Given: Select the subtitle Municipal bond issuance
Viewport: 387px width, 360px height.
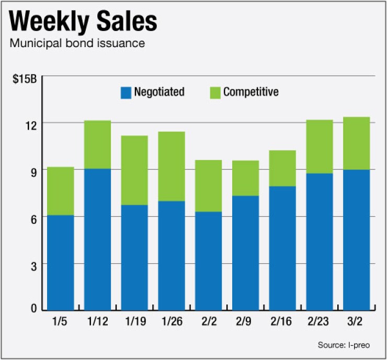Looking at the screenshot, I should [77, 43].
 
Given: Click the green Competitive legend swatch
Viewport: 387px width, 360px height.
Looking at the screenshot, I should [215, 93].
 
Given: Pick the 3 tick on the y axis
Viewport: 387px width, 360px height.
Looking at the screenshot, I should [34, 266].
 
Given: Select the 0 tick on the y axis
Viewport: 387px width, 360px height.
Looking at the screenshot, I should [34, 309].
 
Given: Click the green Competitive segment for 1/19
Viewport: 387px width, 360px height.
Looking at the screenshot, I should [134, 170].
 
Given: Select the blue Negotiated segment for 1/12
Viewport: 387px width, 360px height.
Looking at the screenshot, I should [98, 239].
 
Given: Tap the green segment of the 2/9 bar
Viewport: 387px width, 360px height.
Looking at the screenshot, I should [245, 178].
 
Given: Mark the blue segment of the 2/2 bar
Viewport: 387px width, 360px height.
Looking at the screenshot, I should [208, 260].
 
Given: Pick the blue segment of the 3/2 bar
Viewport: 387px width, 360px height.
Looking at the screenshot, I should [356, 239].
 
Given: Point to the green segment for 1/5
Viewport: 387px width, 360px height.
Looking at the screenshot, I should [60, 191].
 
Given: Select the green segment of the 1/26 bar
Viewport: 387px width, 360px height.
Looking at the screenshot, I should [172, 166].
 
